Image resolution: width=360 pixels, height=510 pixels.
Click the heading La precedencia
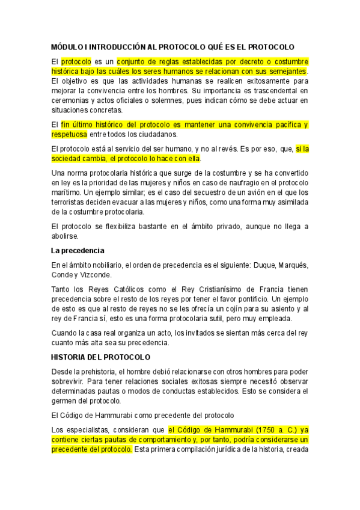pos(78,250)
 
